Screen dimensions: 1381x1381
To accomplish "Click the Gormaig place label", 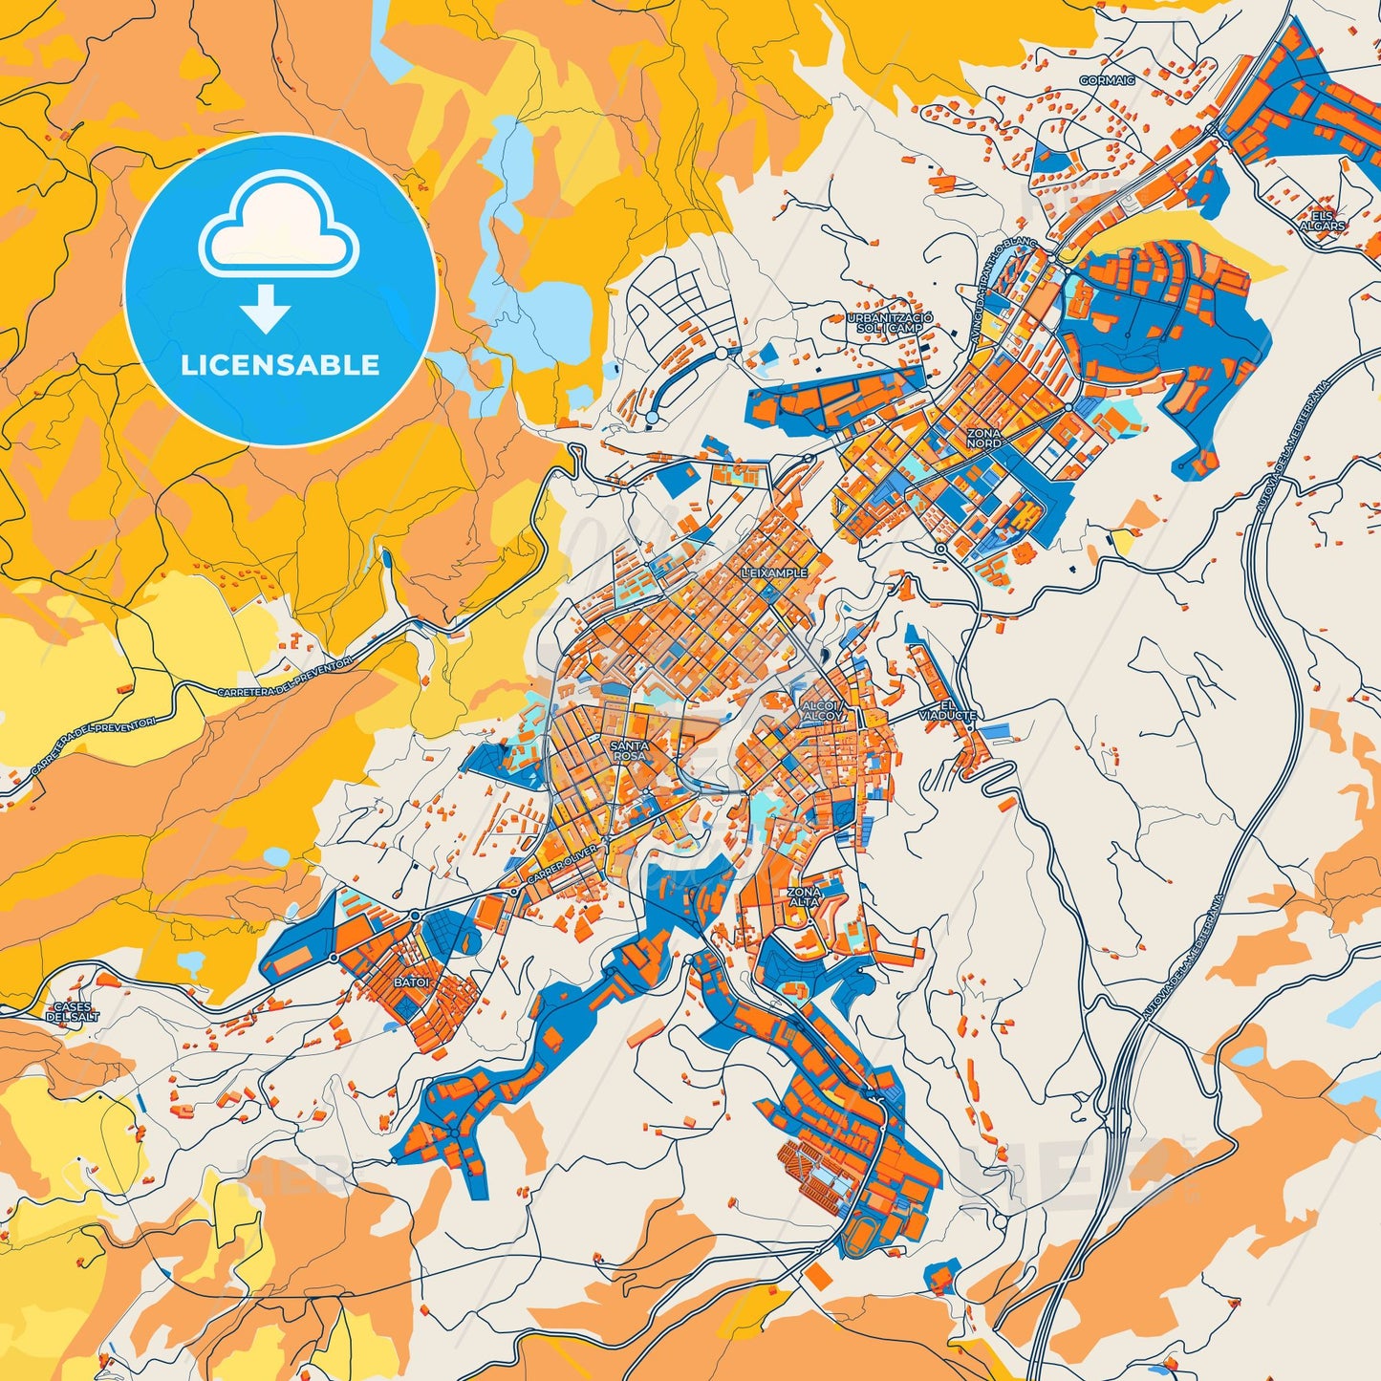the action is point(1107,80).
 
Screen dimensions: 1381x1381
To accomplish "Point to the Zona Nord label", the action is point(983,439).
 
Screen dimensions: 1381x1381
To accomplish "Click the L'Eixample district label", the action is point(774,572).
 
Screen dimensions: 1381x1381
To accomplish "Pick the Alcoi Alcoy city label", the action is point(822,710).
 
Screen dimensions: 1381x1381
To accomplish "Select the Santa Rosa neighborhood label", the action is point(629,750).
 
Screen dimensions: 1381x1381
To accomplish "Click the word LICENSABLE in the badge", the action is point(281,365).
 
